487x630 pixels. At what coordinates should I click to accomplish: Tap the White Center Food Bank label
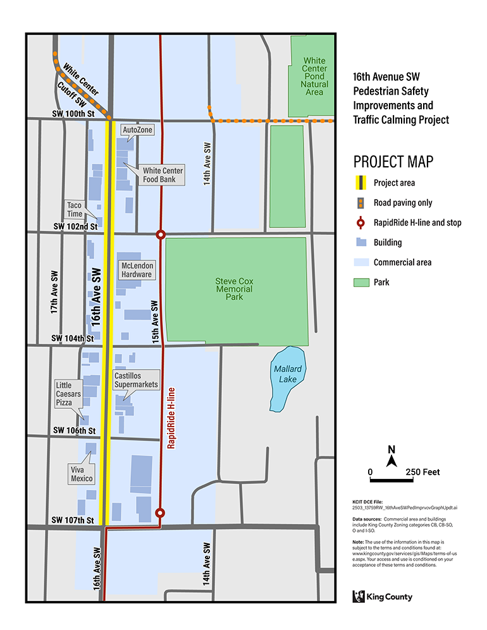coord(163,175)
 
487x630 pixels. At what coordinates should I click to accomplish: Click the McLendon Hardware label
coord(137,270)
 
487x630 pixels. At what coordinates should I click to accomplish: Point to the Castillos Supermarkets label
coord(136,380)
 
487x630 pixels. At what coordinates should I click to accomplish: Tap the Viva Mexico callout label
coord(82,474)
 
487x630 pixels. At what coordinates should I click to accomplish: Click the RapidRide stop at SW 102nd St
coord(161,234)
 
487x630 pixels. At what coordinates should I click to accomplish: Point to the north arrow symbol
coord(391,457)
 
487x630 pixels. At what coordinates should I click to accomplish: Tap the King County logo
coord(382,596)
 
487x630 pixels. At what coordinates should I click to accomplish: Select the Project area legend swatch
coord(359,183)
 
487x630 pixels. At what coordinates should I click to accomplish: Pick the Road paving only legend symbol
coord(359,203)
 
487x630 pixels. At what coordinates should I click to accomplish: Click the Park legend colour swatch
coord(359,282)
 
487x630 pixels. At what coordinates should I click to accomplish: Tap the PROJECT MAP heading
coord(393,161)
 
